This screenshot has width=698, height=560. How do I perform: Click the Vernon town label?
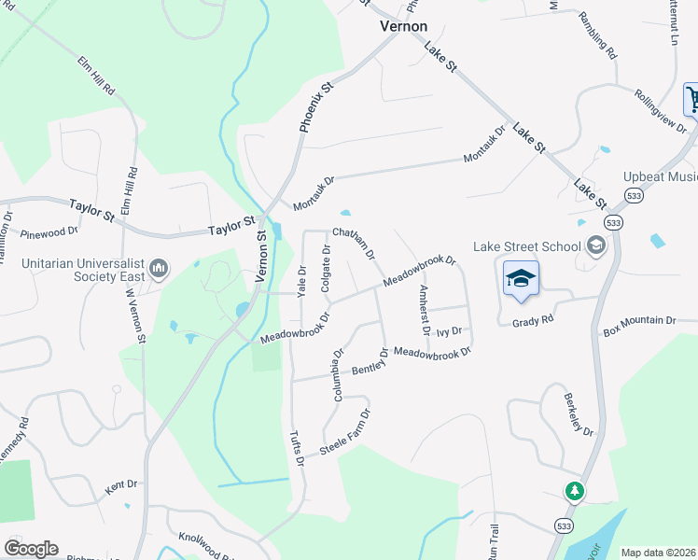[403, 27]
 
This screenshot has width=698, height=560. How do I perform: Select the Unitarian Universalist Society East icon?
[158, 270]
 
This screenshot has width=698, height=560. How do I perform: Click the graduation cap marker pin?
[522, 278]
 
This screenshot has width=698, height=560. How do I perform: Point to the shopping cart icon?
[692, 98]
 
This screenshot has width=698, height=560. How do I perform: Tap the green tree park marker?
[575, 490]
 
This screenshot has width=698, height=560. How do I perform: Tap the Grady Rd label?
[533, 320]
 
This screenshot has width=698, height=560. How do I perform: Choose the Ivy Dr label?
[450, 330]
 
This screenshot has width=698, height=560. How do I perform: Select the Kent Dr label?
[121, 485]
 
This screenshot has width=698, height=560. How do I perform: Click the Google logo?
[30, 549]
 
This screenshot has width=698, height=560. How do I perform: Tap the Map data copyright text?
[658, 553]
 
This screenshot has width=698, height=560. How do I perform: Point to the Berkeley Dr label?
[579, 414]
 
